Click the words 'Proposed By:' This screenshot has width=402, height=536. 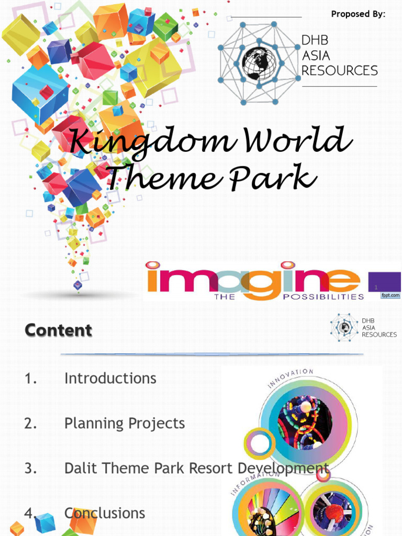coord(358,14)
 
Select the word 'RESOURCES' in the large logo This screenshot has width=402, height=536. coord(339,71)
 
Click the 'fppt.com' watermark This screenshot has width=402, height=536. coord(389,296)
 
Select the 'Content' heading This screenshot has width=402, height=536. coord(58,330)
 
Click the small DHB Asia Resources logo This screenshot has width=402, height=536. coord(363,328)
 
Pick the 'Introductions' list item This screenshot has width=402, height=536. coord(110,378)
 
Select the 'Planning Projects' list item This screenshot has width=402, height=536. coord(125,423)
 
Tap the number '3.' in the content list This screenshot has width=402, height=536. coord(30,468)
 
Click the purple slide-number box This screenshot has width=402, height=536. coord(384,283)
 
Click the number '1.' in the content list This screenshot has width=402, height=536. coord(30,378)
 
